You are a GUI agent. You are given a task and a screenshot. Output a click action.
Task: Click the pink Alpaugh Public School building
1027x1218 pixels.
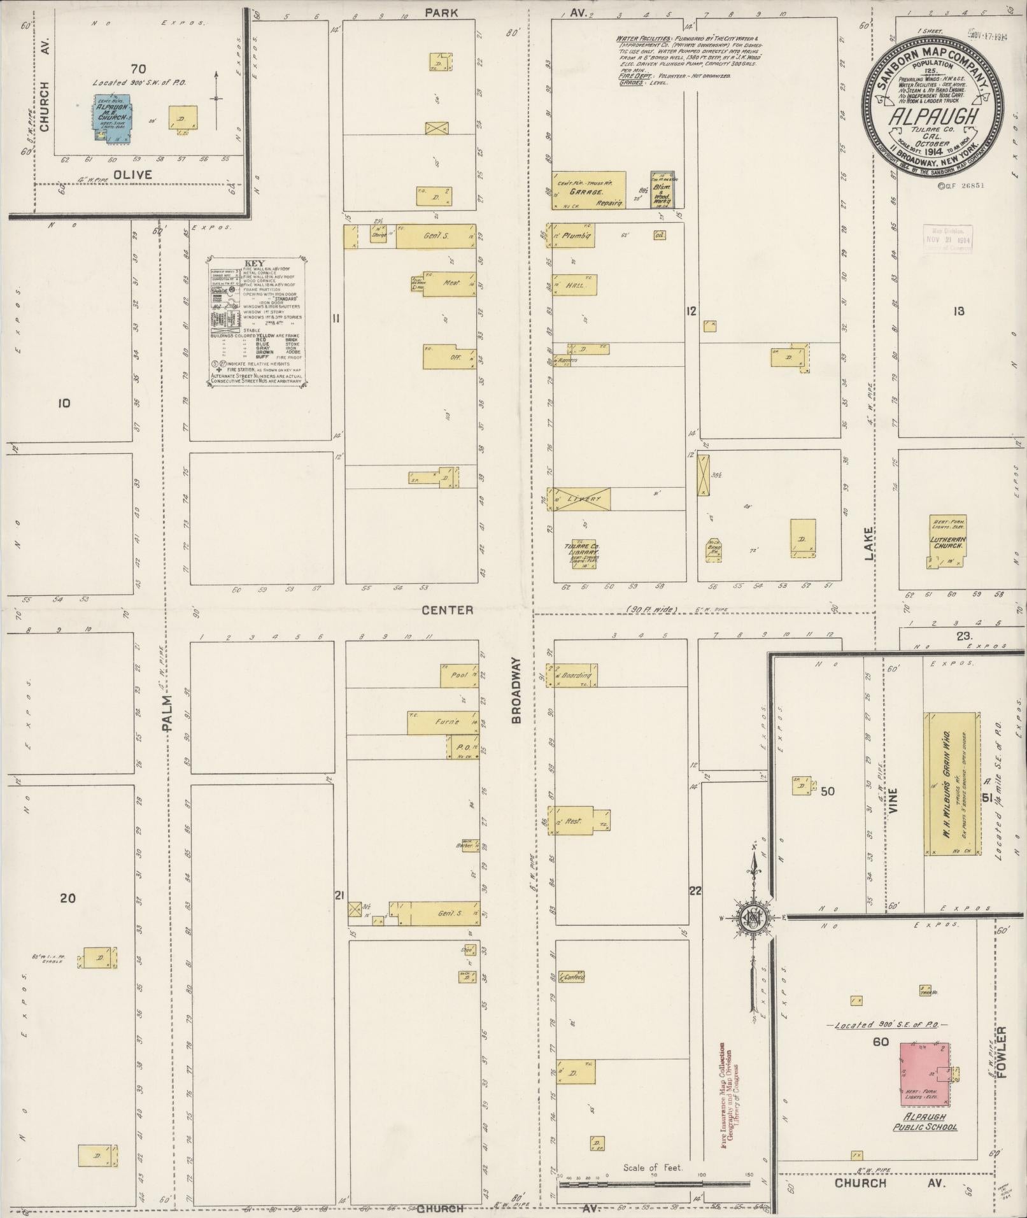point(924,1073)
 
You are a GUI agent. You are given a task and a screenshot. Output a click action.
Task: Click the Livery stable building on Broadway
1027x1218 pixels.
point(581,499)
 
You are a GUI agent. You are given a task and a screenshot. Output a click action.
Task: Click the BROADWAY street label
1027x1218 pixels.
point(516,691)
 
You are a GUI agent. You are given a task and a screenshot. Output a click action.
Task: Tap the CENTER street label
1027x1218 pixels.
point(448,610)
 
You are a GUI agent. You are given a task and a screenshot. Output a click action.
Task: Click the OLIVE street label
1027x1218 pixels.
point(133,174)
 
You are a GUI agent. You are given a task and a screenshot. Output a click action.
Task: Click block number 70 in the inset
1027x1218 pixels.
point(138,69)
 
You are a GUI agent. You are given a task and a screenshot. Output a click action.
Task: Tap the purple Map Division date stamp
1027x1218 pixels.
point(947,239)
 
